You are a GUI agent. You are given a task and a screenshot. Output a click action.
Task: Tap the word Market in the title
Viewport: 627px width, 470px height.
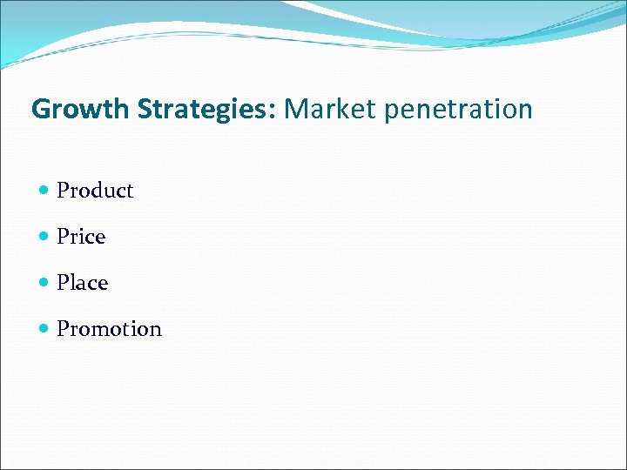318,110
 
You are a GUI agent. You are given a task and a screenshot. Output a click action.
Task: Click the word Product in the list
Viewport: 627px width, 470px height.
95,191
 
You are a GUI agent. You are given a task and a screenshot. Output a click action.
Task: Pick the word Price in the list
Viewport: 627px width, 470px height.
81,237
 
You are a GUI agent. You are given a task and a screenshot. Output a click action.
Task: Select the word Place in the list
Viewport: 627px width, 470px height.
82,283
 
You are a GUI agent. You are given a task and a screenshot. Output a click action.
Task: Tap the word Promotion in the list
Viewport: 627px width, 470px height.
109,329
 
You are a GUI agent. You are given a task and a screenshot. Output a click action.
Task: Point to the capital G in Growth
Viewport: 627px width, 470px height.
40,110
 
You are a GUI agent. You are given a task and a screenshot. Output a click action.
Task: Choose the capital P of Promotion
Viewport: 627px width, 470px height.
63,329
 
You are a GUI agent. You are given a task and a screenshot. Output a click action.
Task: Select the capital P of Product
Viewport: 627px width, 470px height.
63,191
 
